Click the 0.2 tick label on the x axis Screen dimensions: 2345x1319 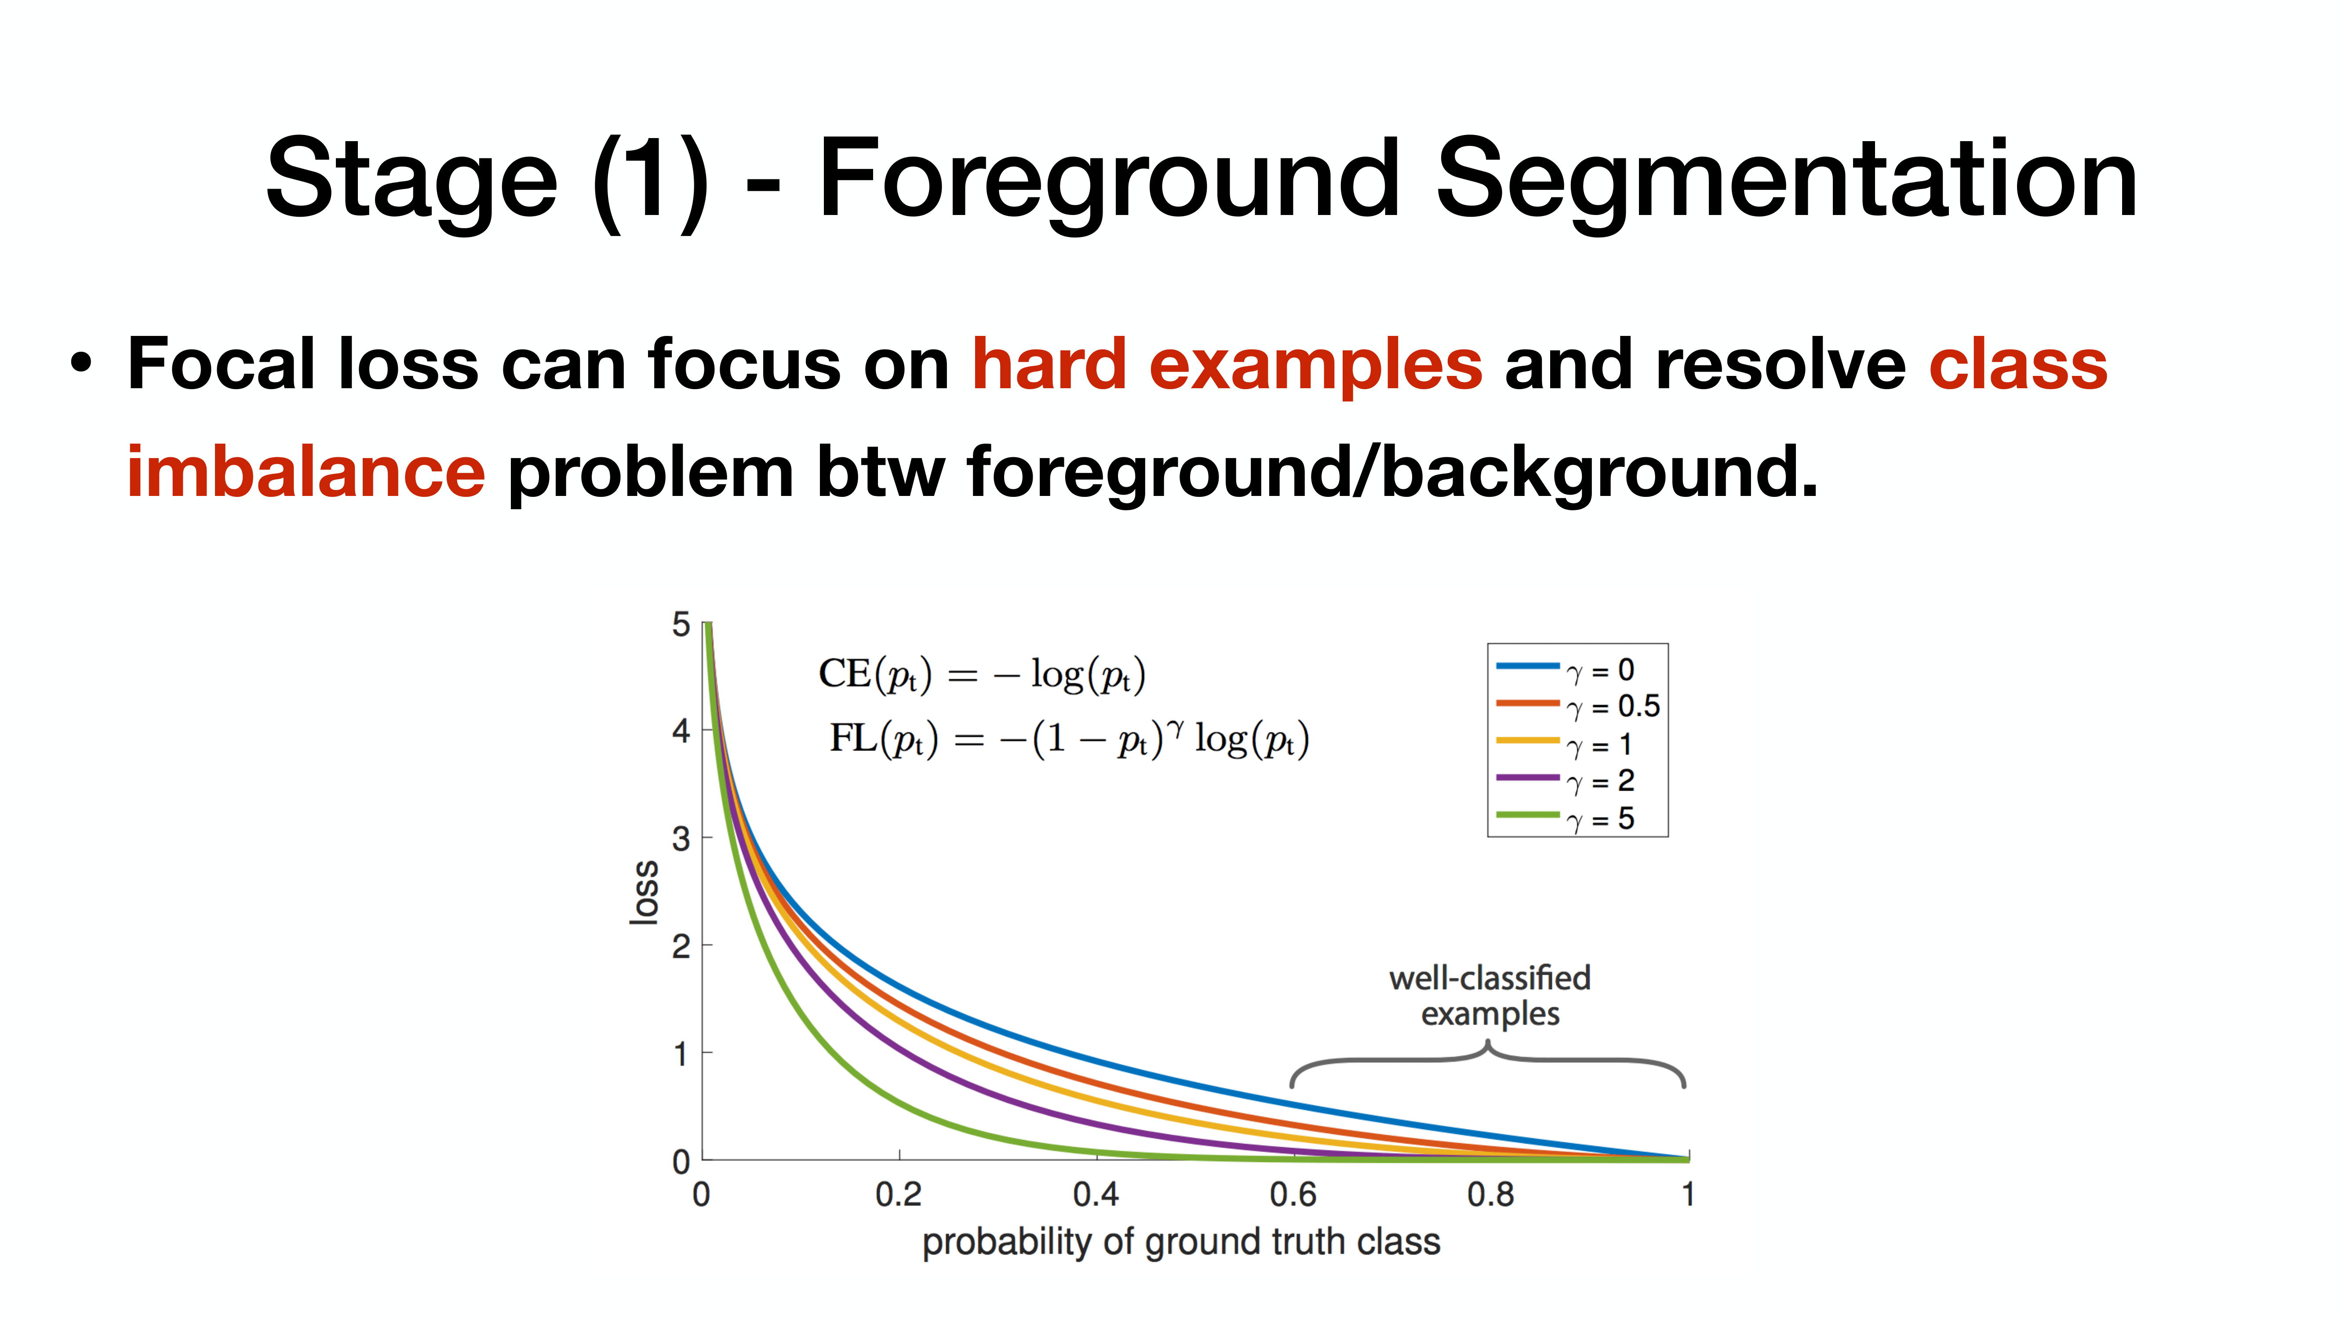[899, 1193]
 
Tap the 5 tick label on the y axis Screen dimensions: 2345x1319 [681, 624]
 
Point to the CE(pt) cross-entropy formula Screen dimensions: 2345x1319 [981, 674]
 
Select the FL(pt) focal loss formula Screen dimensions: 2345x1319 [1069, 737]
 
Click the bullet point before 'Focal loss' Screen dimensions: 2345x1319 [82, 364]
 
